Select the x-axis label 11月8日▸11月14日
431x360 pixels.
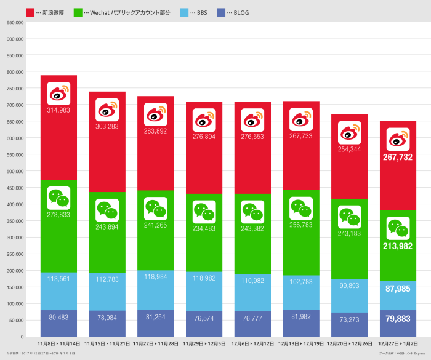(x=58, y=343)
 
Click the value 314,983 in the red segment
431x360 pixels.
(x=58, y=110)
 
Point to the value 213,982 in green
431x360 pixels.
(x=398, y=246)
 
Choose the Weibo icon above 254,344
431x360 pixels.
(x=349, y=132)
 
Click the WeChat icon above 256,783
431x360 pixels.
(x=301, y=209)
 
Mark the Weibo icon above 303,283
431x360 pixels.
(x=107, y=110)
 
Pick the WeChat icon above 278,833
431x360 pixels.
(x=58, y=198)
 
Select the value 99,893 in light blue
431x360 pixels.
(x=349, y=285)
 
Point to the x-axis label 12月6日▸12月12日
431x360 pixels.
(x=252, y=343)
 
